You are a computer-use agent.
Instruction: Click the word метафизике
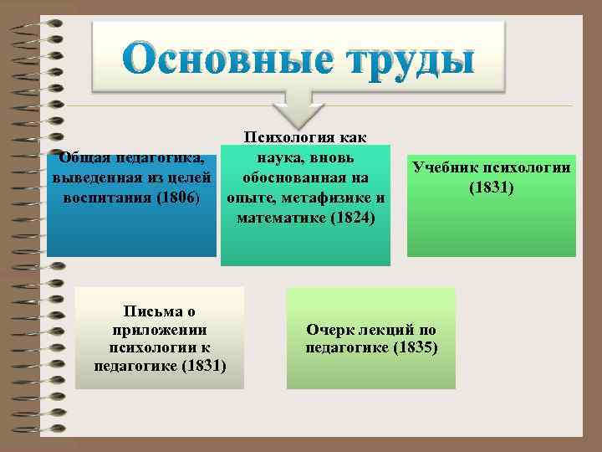tap(324, 198)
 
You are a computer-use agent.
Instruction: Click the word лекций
tap(390, 329)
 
